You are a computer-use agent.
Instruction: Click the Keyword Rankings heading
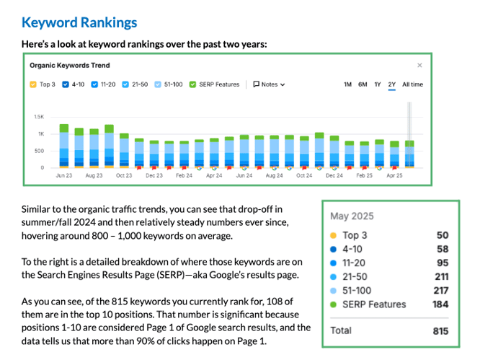79,22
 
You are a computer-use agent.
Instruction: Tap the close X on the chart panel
419,65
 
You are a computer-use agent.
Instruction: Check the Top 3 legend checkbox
33,84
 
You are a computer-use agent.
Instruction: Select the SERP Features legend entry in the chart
192,84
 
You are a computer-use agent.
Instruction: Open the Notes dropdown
269,84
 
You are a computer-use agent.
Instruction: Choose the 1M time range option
347,84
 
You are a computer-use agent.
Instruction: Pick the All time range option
412,84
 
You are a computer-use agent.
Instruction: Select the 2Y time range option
392,84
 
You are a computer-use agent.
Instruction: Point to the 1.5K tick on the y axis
39,116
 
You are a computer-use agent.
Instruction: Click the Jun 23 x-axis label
63,175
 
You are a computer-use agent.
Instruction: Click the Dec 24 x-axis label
334,175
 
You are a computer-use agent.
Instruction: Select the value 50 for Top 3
442,235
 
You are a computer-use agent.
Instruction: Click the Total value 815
439,330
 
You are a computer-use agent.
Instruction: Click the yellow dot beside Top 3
332,235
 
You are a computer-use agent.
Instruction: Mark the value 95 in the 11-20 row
442,263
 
